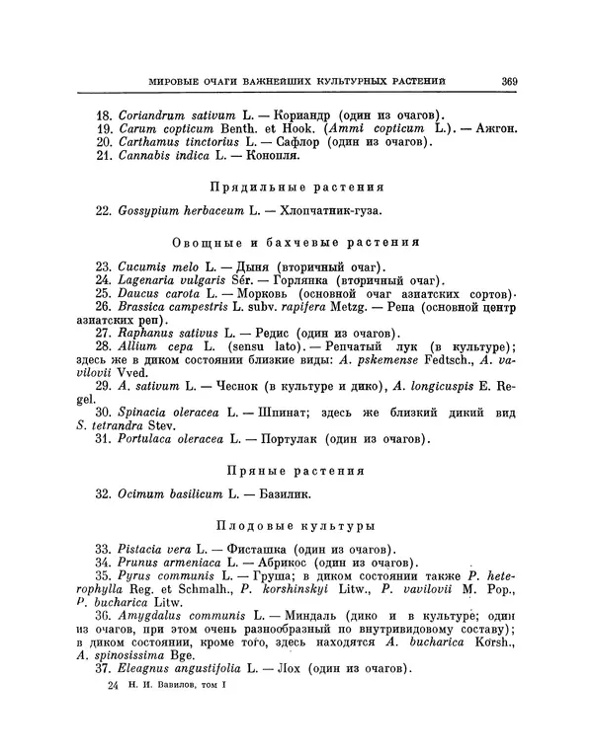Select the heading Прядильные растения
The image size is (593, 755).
(x=296, y=186)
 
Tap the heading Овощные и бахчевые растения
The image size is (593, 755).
(x=296, y=242)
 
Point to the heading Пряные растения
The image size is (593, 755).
(x=296, y=471)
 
